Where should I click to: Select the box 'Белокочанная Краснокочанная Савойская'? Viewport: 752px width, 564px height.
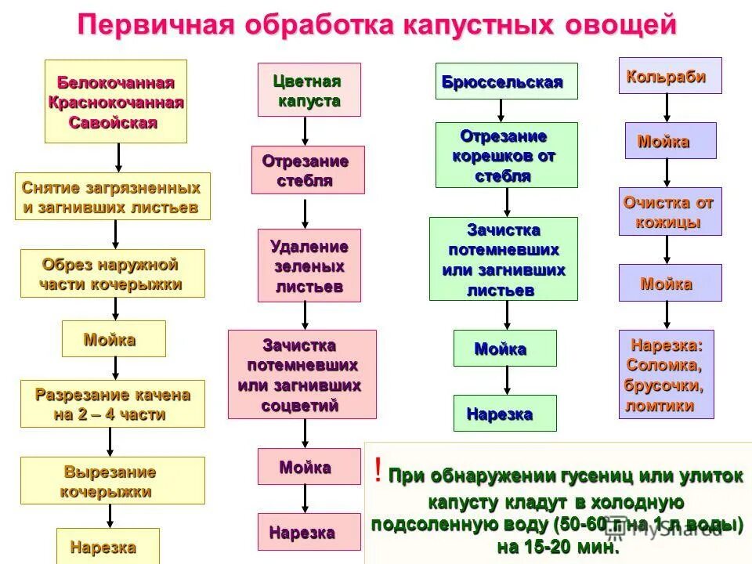[x=116, y=102]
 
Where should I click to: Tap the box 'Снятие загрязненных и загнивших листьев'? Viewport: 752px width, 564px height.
[x=113, y=196]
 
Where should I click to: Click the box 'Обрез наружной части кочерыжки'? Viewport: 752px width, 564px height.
[x=113, y=273]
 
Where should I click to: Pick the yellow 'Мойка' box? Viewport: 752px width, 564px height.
[x=114, y=339]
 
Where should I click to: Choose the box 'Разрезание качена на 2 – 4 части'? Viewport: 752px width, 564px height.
[x=113, y=403]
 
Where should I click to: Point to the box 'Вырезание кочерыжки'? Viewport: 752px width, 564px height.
[x=113, y=480]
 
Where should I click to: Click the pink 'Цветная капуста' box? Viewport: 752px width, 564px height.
[x=309, y=90]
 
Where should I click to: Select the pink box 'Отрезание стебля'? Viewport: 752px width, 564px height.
[x=307, y=170]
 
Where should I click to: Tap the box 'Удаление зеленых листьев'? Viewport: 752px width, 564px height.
[x=309, y=266]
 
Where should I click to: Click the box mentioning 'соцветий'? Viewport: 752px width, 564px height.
[x=302, y=374]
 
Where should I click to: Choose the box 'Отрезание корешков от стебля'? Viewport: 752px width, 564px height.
[x=506, y=154]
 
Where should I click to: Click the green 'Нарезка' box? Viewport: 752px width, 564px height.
[x=504, y=413]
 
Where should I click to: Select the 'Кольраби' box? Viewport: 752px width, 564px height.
[x=670, y=76]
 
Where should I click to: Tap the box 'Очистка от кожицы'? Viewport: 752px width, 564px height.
[x=670, y=211]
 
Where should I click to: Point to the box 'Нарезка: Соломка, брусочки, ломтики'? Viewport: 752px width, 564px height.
[x=667, y=374]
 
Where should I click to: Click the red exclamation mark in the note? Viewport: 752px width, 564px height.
[x=378, y=472]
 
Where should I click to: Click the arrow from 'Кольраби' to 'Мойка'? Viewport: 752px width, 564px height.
[x=667, y=108]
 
